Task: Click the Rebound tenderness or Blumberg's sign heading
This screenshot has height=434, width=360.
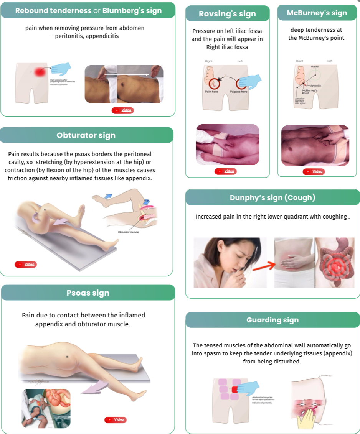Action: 88,10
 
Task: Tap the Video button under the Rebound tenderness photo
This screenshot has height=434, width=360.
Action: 123,110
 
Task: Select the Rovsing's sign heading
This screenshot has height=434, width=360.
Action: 227,14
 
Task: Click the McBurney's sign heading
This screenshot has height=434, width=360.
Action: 317,13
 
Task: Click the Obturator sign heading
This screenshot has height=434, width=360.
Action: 86,135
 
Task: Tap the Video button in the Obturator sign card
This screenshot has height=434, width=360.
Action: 26,264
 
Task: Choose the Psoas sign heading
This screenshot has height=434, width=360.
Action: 88,293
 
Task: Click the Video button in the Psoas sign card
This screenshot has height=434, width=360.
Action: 116,419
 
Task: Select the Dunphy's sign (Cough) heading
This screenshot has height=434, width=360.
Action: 272,198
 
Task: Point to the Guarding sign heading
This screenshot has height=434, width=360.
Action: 272,320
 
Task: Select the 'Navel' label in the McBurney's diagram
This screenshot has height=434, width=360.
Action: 315,67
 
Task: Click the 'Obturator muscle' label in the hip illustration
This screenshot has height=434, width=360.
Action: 129,232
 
